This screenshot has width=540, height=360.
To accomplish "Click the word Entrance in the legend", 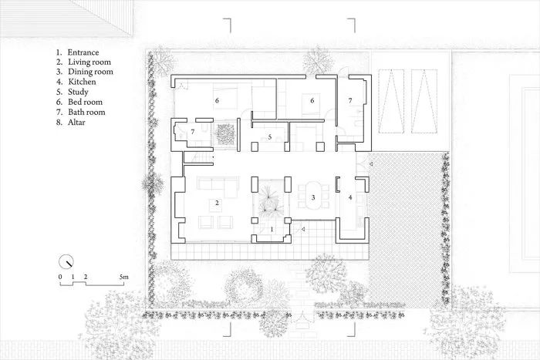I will click(x=83, y=52).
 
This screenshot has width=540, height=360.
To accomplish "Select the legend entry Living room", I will click(x=88, y=62).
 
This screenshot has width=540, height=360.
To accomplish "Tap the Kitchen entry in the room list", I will click(x=82, y=82).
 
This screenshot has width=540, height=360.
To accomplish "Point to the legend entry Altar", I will click(x=76, y=122).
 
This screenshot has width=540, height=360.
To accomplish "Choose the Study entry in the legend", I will click(x=78, y=92).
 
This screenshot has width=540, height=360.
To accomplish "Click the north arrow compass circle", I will click(x=67, y=261).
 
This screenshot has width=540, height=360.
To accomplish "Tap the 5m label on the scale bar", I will click(x=123, y=276).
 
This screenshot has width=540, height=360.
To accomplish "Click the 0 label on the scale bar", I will click(x=59, y=276).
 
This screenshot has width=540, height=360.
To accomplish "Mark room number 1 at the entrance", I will click(x=271, y=229).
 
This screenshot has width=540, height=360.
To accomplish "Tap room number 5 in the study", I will click(x=270, y=137).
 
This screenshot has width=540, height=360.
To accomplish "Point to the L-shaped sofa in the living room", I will click(x=217, y=187).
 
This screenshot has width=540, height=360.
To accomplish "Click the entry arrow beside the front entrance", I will click(x=305, y=230).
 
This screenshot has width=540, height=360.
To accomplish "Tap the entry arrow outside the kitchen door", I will click(x=370, y=163).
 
